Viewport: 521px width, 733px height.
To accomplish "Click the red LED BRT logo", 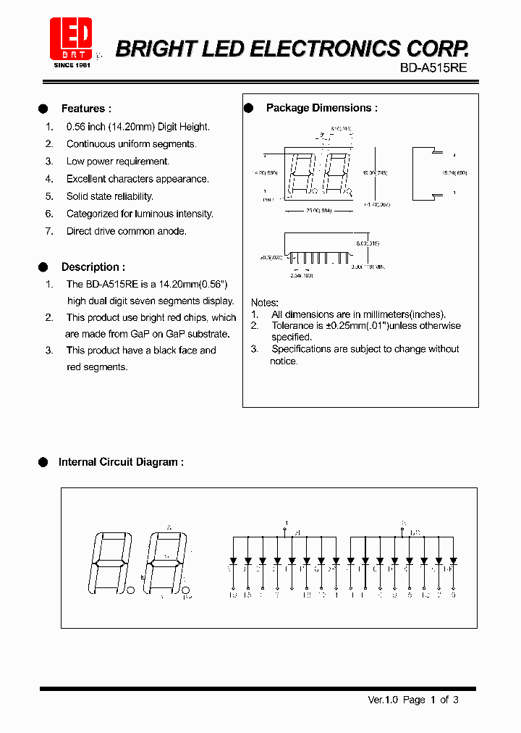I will [x=69, y=38].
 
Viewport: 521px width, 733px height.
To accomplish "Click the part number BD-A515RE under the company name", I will [x=433, y=67].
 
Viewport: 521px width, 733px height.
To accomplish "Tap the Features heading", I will [x=85, y=109].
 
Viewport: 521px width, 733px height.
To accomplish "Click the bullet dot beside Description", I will [x=43, y=267].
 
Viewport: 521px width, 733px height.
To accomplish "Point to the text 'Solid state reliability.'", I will [x=110, y=196].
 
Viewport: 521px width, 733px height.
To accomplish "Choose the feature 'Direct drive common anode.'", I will [x=127, y=231].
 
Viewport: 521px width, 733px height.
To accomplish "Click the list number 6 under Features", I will [x=49, y=214].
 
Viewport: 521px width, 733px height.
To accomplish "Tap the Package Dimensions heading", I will [x=321, y=108].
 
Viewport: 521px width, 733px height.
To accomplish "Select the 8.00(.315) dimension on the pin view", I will [x=367, y=244].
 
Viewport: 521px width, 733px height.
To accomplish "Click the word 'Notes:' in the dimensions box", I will [x=265, y=302].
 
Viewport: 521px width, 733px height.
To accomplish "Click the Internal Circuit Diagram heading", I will [x=121, y=462].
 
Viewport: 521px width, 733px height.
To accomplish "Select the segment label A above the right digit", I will [x=170, y=527].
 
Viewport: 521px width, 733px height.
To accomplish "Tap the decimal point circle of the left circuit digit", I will [x=131, y=591].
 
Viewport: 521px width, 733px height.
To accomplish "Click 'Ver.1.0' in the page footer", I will [x=384, y=700].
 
